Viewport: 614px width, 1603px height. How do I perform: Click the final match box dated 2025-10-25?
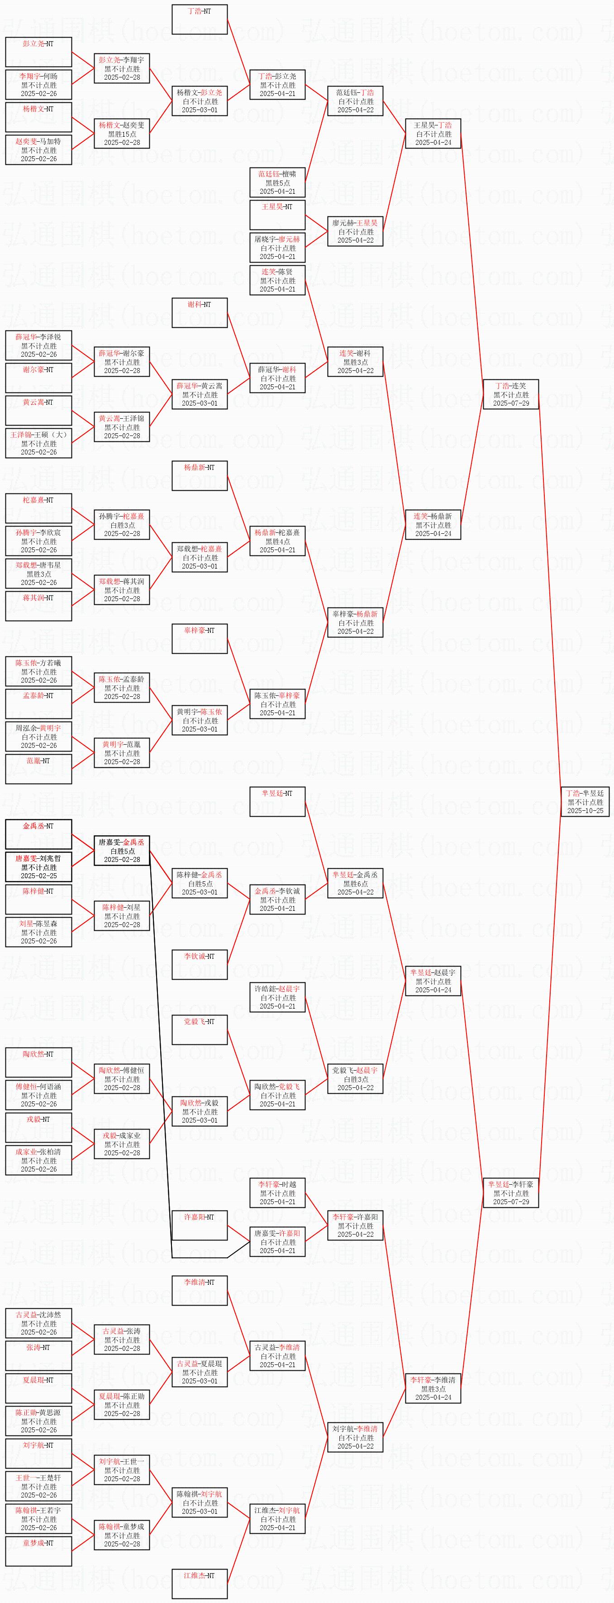click(585, 801)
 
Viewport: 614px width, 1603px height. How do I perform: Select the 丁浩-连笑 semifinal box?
click(511, 395)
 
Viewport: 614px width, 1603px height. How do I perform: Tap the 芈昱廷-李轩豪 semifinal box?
click(511, 1192)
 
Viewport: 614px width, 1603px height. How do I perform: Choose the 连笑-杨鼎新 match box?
click(433, 525)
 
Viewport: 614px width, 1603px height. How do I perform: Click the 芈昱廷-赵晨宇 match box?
click(433, 981)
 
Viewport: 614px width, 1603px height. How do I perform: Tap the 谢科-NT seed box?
click(200, 312)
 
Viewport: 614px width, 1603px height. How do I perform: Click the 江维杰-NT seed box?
click(200, 1584)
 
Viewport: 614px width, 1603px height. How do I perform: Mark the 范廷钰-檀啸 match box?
click(277, 182)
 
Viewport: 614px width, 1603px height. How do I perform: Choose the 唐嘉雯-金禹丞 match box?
click(122, 851)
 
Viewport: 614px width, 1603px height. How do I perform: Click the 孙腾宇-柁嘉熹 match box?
click(122, 525)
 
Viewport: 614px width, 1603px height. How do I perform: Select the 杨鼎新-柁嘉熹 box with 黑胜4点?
click(277, 541)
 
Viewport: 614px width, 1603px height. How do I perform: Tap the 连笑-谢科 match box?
click(355, 362)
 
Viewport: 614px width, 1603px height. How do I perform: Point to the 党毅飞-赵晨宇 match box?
click(355, 1078)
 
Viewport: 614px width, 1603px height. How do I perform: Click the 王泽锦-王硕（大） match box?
click(38, 443)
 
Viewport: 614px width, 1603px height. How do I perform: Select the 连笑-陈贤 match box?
click(277, 280)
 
